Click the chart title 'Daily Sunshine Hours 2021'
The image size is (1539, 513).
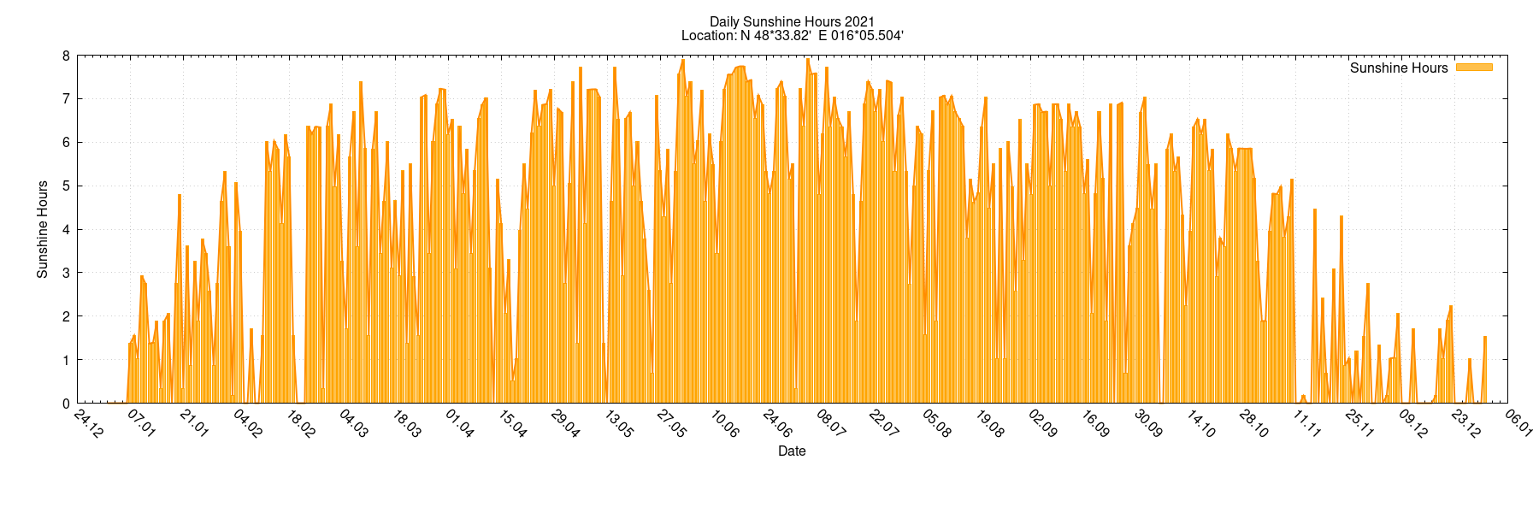(x=792, y=21)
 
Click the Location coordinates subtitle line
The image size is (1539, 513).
(x=792, y=35)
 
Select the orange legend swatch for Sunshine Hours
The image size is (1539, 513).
(x=1474, y=68)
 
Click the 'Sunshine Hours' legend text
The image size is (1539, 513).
(x=1399, y=68)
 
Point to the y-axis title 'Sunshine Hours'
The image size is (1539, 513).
(x=42, y=229)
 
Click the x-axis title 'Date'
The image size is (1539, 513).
(x=792, y=451)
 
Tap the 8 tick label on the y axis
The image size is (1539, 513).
(x=66, y=56)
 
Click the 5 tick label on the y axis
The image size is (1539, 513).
(x=66, y=186)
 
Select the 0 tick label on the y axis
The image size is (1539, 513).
(x=66, y=403)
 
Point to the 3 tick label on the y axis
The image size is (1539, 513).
(x=66, y=273)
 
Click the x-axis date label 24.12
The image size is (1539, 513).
(x=88, y=424)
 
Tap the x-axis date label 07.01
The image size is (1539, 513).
(x=141, y=424)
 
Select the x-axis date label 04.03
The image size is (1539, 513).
(x=353, y=424)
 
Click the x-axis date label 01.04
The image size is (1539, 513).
(x=459, y=424)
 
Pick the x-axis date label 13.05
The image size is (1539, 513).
(x=618, y=424)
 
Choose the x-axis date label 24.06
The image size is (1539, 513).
(x=777, y=424)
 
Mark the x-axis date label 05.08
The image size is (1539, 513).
(x=936, y=424)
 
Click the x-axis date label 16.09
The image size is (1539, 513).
(x=1095, y=424)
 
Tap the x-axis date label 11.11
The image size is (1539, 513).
(x=1307, y=424)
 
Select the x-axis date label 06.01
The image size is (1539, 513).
(x=1519, y=424)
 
